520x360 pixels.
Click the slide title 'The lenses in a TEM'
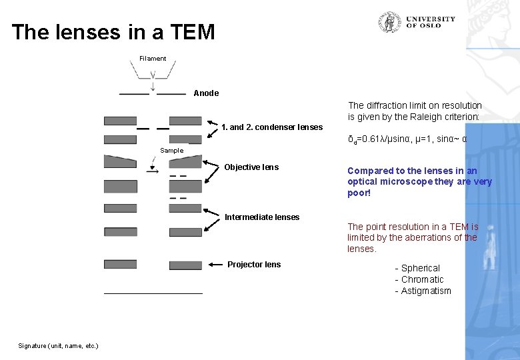[x=113, y=32]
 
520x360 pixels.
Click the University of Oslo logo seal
[x=389, y=22]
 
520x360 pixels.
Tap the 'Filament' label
[x=153, y=59]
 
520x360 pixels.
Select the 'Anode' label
[x=206, y=93]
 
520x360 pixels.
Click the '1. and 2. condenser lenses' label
[x=272, y=127]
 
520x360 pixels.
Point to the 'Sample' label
[x=171, y=151]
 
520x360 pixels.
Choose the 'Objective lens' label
[x=251, y=167]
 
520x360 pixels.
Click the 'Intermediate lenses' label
[x=262, y=217]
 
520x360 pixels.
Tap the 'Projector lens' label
[x=254, y=265]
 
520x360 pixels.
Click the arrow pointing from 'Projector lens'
[x=215, y=265]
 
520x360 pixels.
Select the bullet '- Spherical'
[x=417, y=268]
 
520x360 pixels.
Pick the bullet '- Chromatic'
[x=419, y=279]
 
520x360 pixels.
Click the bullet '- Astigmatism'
[x=423, y=291]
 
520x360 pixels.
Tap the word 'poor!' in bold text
[x=359, y=193]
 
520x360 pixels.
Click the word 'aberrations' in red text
[x=427, y=238]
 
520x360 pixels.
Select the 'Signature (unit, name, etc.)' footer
[x=58, y=345]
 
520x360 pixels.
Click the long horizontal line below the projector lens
[x=153, y=293]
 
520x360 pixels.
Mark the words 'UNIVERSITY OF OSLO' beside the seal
[x=431, y=22]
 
